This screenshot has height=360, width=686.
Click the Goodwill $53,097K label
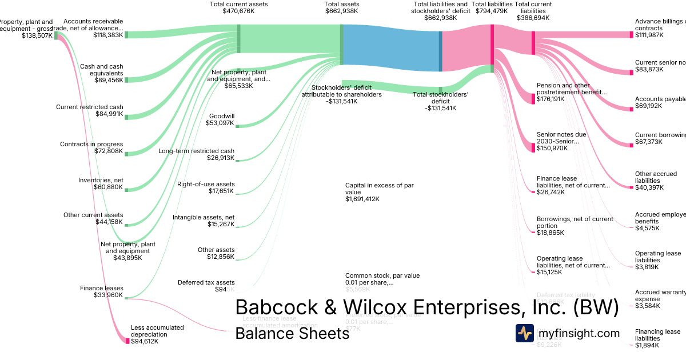pos(222,119)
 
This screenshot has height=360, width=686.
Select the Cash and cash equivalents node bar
pos(126,79)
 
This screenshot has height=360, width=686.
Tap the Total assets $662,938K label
pos(341,7)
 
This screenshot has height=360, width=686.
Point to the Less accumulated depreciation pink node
pos(127,341)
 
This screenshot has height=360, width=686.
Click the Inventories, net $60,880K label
pos(101,184)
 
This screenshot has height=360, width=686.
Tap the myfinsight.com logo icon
pos(524,333)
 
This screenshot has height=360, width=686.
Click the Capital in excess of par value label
pos(379,192)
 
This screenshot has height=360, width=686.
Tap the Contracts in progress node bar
pos(126,153)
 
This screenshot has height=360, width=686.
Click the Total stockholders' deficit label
pos(440,101)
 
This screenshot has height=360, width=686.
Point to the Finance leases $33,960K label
pos(102,291)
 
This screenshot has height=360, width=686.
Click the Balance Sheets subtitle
pos(292,334)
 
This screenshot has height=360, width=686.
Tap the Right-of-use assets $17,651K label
pos(206,187)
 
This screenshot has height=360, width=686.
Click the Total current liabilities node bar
pos(533,43)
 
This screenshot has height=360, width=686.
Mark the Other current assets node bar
pos(126,222)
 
